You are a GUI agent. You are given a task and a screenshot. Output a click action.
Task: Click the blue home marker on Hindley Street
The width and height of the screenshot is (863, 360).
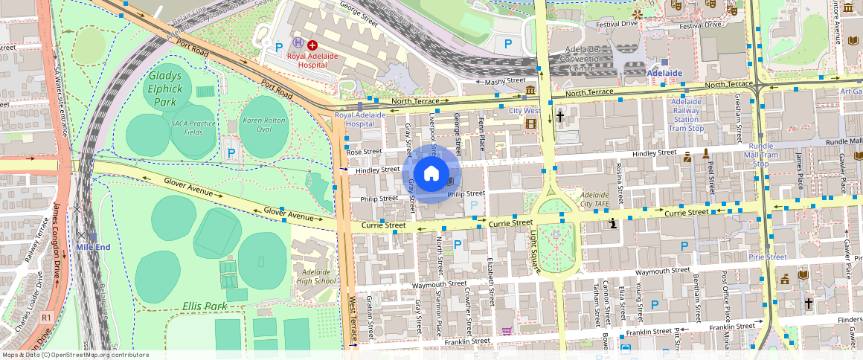coord(431,174)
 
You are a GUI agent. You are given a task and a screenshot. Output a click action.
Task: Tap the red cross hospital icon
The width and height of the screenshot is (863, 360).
coord(312,45)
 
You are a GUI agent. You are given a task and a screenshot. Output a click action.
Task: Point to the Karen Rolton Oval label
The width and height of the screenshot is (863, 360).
coord(263,125)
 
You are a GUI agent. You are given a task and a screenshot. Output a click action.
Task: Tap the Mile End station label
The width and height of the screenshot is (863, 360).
coord(93,246)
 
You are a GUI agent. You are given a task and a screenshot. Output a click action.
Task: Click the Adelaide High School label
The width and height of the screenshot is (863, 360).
coord(316,277)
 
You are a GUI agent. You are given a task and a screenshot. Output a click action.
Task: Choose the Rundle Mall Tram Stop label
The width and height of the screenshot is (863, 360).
coord(761,155)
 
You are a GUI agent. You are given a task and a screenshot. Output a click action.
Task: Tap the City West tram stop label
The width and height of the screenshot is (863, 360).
coord(524,111)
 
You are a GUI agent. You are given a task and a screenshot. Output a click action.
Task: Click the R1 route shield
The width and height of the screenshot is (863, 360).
coord(46,318)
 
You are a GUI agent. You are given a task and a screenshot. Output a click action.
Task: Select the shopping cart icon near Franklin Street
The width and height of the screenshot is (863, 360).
coord(507,331)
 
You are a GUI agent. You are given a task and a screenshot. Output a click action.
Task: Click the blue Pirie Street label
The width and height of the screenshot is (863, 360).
coord(767,257)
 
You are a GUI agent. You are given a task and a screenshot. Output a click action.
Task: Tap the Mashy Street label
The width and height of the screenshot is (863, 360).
coord(505,82)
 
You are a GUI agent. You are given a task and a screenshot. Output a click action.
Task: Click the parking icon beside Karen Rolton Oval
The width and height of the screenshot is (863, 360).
coord(231,153)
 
